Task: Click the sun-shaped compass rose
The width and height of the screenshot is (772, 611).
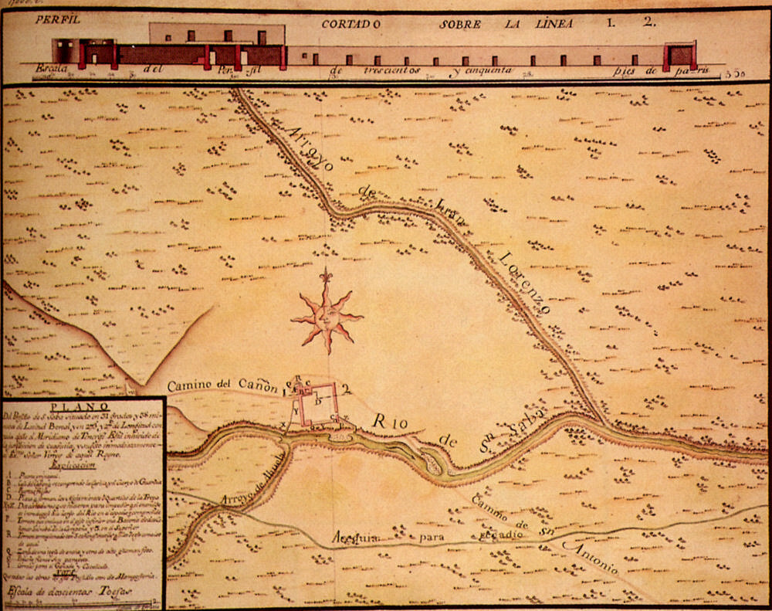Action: [327, 314]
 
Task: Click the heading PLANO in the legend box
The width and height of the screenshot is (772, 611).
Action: [83, 410]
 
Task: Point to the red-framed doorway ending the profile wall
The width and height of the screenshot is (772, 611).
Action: [682, 54]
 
